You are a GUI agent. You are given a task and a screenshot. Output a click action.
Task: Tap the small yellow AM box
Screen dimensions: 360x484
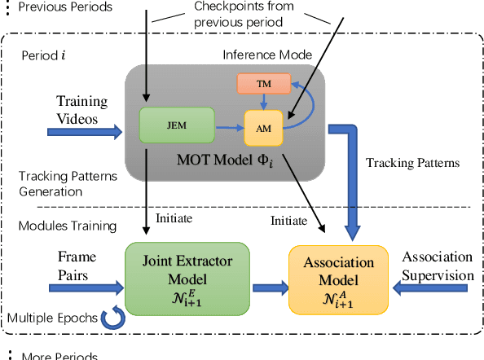[x=264, y=127]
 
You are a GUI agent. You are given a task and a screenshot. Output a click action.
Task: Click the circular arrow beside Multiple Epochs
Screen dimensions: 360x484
[x=112, y=316]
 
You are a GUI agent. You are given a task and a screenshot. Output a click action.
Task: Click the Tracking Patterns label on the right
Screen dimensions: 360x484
[x=413, y=163]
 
